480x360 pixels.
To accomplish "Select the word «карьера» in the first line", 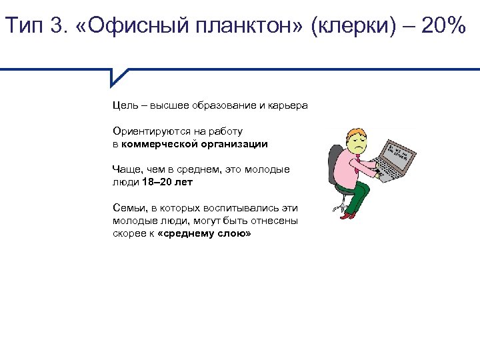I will [x=287, y=105].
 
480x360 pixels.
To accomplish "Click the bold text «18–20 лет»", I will [x=167, y=181].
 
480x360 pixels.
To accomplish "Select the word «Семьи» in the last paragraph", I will [x=127, y=208].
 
